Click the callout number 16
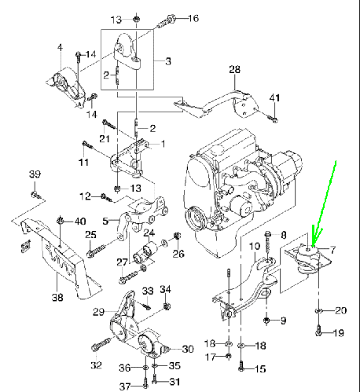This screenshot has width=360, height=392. [193, 18]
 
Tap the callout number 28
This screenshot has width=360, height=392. [234, 69]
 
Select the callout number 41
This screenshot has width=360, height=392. [274, 98]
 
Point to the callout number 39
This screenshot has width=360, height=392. [35, 174]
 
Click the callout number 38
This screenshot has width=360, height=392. [57, 297]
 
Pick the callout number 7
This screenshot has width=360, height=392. [332, 251]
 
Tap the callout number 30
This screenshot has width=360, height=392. [188, 349]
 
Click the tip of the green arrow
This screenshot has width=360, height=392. [313, 246]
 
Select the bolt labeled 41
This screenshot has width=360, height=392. [274, 119]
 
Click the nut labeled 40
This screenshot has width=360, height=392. [61, 221]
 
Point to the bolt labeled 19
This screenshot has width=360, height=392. [318, 331]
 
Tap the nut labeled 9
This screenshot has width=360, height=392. [266, 321]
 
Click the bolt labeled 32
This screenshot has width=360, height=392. [101, 344]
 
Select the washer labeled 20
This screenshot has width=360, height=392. [318, 310]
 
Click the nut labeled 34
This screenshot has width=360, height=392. [166, 306]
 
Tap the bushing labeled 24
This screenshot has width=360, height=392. [150, 247]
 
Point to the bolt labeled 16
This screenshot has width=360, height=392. [166, 22]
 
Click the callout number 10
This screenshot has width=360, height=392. [254, 246]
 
